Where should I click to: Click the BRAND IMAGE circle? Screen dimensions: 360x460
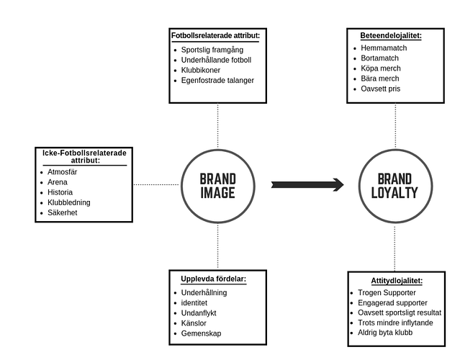(x=217, y=185)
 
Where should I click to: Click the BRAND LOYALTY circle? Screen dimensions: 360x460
(x=394, y=185)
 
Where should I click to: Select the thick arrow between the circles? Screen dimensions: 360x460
(x=307, y=185)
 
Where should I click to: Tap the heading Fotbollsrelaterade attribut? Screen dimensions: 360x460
(x=216, y=35)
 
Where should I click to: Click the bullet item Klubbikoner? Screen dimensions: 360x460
(x=202, y=71)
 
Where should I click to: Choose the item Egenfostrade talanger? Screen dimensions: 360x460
(x=217, y=81)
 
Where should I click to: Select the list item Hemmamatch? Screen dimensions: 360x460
(x=384, y=48)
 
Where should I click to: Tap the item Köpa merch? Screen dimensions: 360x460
(x=380, y=68)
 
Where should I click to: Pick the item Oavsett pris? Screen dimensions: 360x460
(x=381, y=89)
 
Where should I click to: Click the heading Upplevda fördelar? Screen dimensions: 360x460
(x=213, y=279)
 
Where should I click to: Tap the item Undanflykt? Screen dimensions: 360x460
(x=199, y=313)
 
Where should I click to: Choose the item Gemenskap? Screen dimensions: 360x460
(x=201, y=333)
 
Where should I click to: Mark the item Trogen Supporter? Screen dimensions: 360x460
(x=387, y=292)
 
